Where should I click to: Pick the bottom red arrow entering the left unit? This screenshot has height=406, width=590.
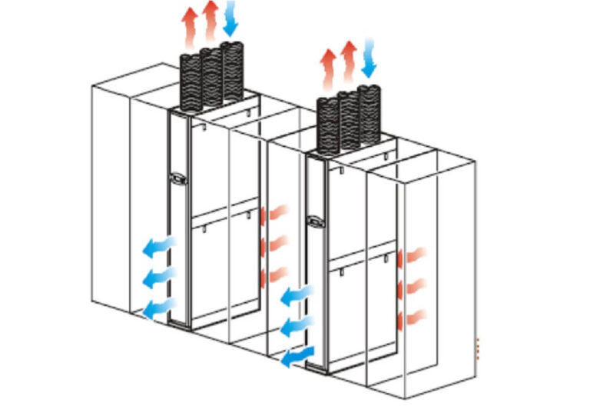[274, 275]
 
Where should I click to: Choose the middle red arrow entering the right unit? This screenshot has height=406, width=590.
[414, 288]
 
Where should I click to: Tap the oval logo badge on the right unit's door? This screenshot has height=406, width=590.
[315, 221]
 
